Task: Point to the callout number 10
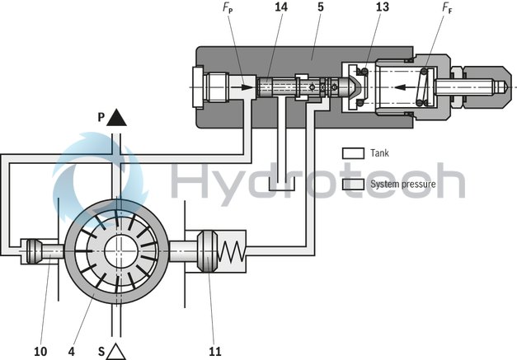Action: coord(40,351)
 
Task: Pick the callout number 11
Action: coord(215,351)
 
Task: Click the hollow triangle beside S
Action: coord(116,351)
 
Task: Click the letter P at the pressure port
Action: coord(101,117)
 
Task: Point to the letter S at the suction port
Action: coord(101,352)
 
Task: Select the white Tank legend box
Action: coord(353,153)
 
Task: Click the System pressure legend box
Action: coord(353,184)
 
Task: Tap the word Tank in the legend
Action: coord(380,153)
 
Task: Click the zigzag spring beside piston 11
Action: coord(234,247)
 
